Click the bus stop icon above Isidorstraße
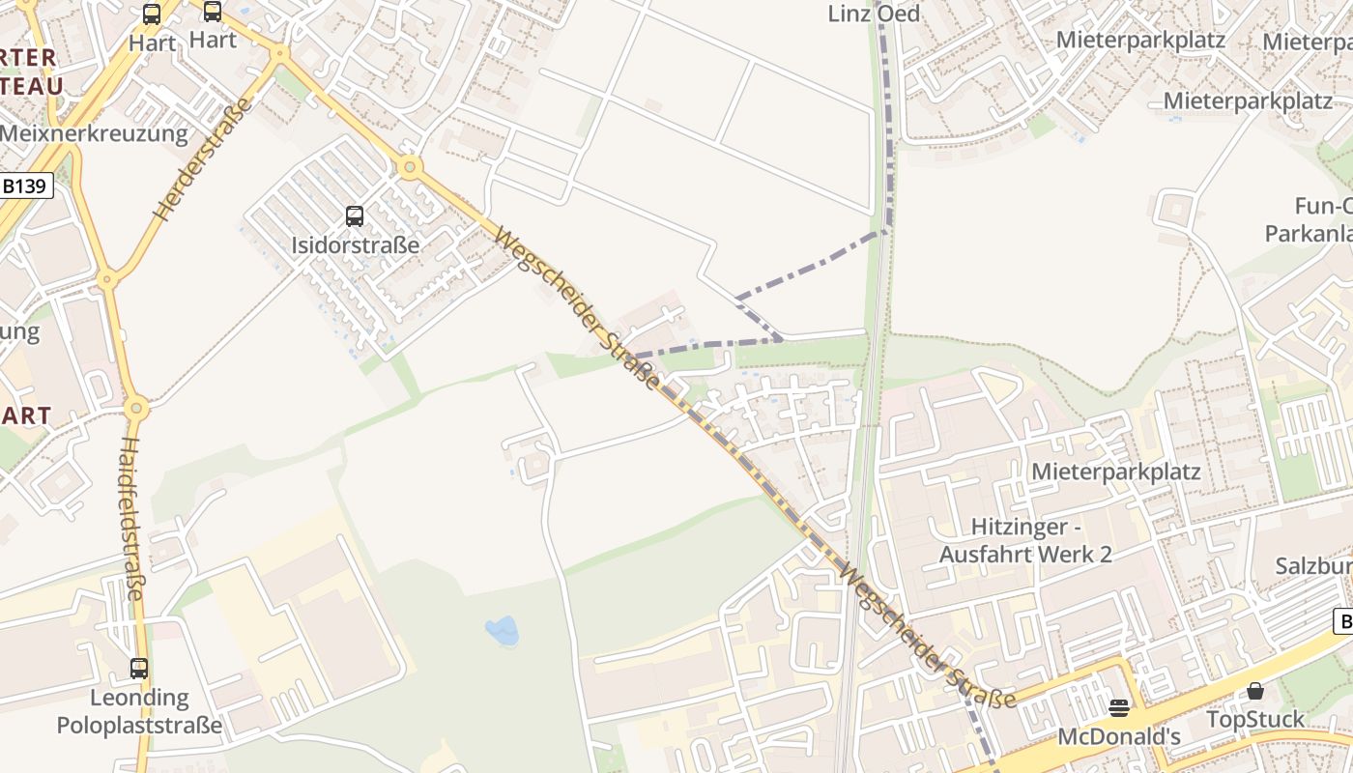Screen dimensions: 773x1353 355,216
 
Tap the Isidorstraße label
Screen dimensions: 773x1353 356,244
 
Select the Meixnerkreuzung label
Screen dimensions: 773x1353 94,133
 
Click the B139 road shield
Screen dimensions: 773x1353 25,186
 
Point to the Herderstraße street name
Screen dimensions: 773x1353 201,159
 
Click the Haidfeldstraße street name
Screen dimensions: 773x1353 131,517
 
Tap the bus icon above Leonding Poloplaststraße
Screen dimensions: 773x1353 139,669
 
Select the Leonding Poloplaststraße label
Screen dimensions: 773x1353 139,711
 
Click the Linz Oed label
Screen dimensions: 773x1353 874,14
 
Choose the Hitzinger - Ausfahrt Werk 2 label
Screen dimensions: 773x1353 1025,540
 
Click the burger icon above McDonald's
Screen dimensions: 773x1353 1119,708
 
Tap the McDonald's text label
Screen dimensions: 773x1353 1119,736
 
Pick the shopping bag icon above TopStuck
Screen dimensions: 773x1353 1254,691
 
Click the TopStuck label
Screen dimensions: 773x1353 1254,720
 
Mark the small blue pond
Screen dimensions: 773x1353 503,632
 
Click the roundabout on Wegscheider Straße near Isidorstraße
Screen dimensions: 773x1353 410,167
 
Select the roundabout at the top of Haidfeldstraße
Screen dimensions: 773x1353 136,408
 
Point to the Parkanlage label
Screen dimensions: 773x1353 1309,234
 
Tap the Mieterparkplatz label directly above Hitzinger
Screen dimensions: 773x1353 1116,472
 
